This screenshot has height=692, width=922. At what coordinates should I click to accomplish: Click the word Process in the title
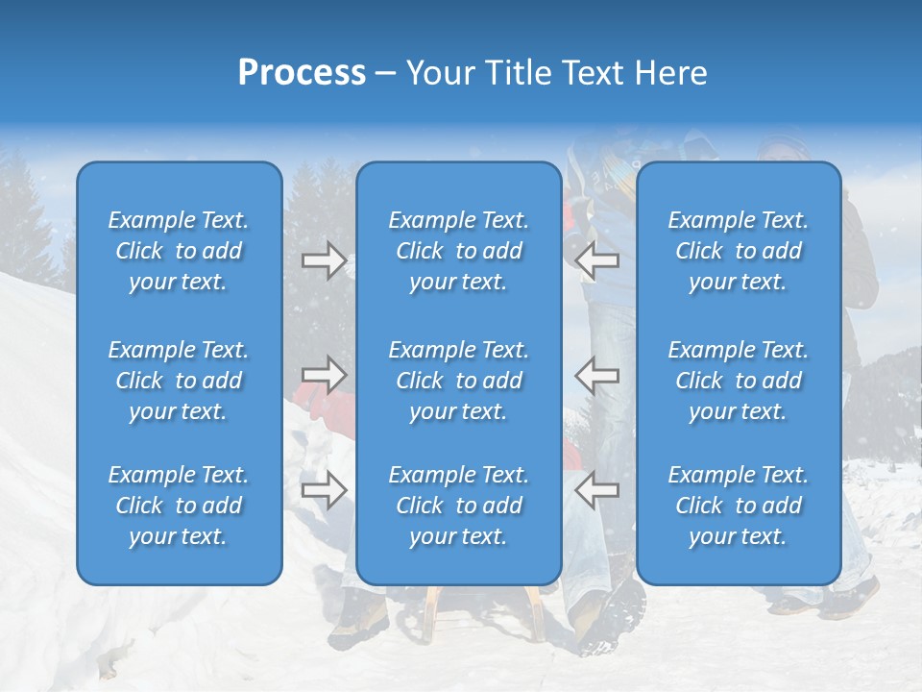(x=302, y=73)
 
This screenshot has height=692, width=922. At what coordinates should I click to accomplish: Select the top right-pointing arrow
(x=325, y=260)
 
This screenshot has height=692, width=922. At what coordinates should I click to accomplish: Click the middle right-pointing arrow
(x=325, y=374)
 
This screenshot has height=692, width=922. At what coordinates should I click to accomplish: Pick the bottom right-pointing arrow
(x=325, y=489)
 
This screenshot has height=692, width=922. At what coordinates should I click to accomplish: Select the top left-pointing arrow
(x=597, y=260)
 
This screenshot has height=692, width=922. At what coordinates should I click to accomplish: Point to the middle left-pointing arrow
(x=597, y=374)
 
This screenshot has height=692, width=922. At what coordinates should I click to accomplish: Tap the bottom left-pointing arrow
(x=597, y=489)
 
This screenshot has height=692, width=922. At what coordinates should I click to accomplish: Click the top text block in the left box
(x=179, y=251)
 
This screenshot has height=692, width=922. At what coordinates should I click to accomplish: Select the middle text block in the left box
(x=179, y=381)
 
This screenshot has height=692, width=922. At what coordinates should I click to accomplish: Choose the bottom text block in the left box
(x=179, y=506)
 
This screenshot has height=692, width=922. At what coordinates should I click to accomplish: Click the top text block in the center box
(x=458, y=251)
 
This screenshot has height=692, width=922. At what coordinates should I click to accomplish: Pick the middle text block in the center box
(x=458, y=381)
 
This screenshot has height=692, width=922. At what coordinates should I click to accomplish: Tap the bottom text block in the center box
(x=458, y=506)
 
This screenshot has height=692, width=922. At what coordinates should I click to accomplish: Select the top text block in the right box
(x=738, y=251)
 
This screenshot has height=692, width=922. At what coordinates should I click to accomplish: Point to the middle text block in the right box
(x=738, y=381)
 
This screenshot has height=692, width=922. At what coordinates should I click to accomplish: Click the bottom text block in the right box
(x=738, y=506)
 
